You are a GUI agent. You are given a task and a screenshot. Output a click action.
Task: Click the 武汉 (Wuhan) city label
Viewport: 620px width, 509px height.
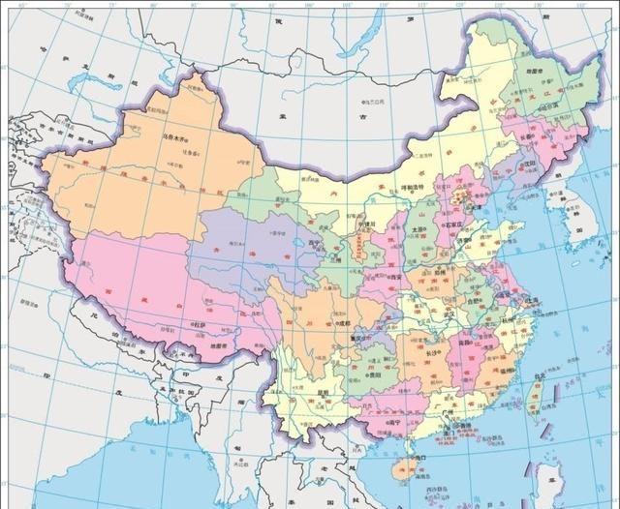tap(448, 314)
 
